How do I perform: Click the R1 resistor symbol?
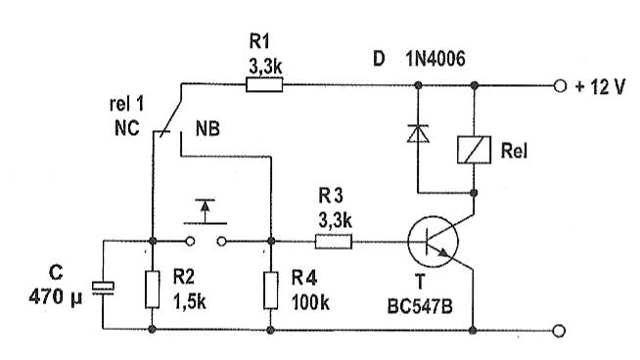coord(264,85)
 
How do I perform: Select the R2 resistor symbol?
coord(153,289)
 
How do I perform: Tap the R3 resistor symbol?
coord(334,242)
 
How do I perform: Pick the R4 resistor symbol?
coord(271,290)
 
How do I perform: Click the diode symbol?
coord(418,133)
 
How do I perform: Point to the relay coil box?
coord(474,150)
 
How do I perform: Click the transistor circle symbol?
coord(433,242)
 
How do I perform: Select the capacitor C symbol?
coord(103,288)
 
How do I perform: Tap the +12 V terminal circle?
coord(560,86)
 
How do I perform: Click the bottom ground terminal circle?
coord(559,331)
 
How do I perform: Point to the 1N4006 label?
coord(435,59)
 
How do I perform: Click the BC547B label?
coord(420,306)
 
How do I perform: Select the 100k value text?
coord(310,302)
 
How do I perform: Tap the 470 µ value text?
coord(56,295)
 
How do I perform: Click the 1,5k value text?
coord(190,302)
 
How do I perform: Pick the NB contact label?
coord(207,129)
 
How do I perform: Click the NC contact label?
coord(127,128)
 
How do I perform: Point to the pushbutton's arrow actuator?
coord(205,211)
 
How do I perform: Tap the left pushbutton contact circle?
coord(190,242)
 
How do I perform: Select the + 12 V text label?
coord(600,87)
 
